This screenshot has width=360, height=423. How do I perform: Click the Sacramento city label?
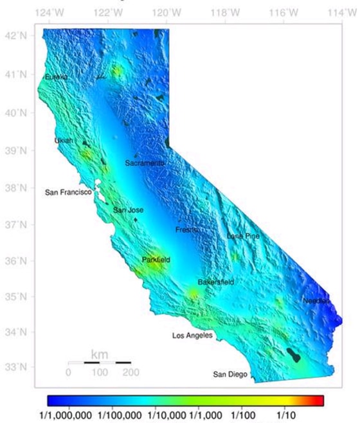pyautogui.click(x=145, y=163)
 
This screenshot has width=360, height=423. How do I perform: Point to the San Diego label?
pyautogui.click(x=230, y=375)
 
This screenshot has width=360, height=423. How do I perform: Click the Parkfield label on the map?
pyautogui.click(x=156, y=260)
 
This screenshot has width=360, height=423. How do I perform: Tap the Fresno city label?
pyautogui.click(x=187, y=230)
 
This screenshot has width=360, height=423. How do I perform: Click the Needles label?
pyautogui.click(x=316, y=301)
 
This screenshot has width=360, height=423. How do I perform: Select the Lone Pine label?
pyautogui.click(x=243, y=237)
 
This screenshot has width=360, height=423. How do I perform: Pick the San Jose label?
pyautogui.click(x=129, y=210)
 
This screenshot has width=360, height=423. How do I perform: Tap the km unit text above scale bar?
pyautogui.click(x=100, y=354)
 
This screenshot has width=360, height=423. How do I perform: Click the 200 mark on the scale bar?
pyautogui.click(x=130, y=372)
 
